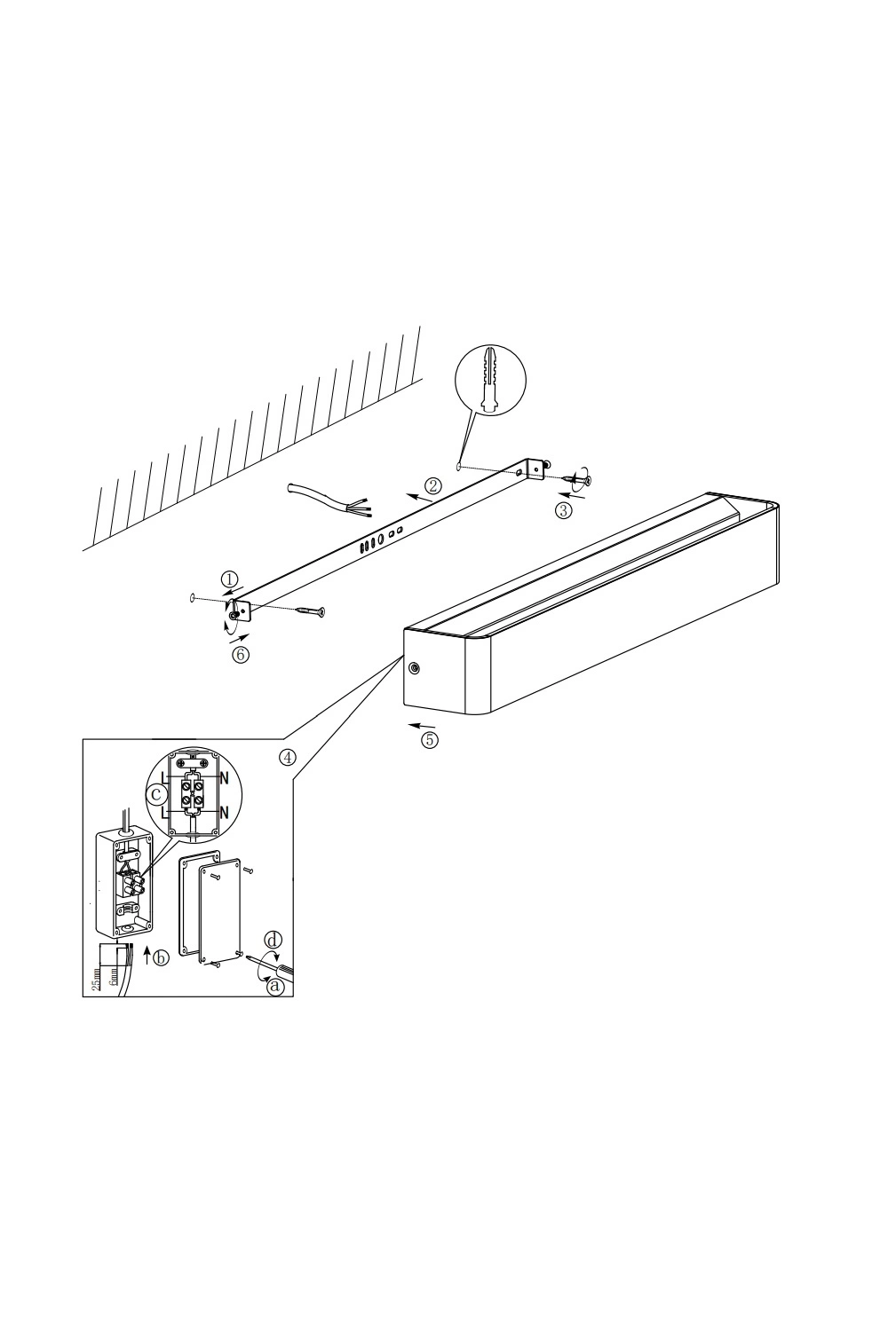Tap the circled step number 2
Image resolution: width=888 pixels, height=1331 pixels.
[x=433, y=485]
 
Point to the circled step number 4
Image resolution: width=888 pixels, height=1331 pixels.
[x=288, y=758]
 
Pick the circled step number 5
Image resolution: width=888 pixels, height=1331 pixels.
[x=430, y=740]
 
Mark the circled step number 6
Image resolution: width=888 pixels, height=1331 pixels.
[x=241, y=655]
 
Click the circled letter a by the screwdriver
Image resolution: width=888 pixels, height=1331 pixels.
[x=274, y=987]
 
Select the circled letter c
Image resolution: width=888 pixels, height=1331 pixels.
[x=155, y=794]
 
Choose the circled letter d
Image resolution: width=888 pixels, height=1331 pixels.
[x=273, y=941]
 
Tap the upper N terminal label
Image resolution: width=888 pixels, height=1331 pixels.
[x=225, y=778]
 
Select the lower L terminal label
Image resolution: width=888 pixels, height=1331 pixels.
[x=165, y=812]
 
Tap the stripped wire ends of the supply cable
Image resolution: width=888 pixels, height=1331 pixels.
[x=361, y=505]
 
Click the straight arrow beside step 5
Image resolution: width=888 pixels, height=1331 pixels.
[x=422, y=726]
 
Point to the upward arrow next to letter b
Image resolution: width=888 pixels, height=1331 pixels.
[x=147, y=956]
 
